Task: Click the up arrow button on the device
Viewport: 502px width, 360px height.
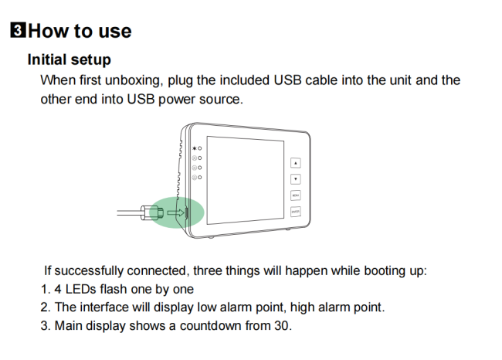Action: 296,163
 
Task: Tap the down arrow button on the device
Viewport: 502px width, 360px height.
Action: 296,178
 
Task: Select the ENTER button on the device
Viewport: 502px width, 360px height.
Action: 296,212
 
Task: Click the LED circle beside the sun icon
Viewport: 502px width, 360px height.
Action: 200,148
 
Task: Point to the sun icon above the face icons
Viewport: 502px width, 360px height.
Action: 195,148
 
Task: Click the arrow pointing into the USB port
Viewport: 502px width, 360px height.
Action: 176,212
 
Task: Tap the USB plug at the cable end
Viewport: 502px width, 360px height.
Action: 152,212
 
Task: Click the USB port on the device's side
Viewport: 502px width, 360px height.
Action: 186,212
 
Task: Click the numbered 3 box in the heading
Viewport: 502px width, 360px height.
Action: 18,30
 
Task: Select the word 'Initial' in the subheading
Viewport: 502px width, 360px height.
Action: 47,59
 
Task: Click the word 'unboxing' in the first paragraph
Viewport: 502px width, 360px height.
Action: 132,80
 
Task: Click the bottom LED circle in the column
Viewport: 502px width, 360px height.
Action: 200,177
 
